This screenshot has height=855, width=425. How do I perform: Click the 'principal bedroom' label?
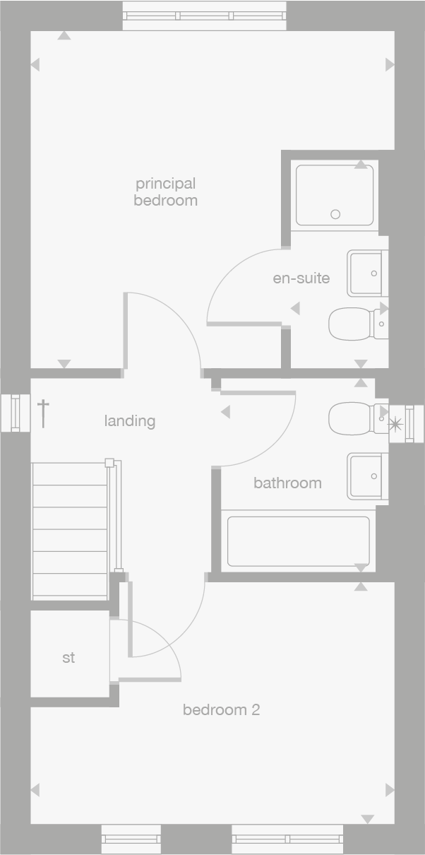pyautogui.click(x=165, y=192)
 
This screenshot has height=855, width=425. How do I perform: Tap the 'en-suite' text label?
pyautogui.click(x=301, y=278)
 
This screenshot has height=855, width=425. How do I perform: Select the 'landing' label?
pyautogui.click(x=130, y=421)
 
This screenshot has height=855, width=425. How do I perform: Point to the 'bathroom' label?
pyautogui.click(x=287, y=483)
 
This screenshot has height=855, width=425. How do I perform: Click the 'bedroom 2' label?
pyautogui.click(x=221, y=709)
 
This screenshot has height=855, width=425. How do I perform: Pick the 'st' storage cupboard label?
pyautogui.click(x=68, y=658)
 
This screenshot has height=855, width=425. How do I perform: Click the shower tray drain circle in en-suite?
pyautogui.click(x=335, y=214)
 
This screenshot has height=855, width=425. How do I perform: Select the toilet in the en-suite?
pyautogui.click(x=357, y=324)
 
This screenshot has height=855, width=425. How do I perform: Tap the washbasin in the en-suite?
pyautogui.click(x=367, y=273)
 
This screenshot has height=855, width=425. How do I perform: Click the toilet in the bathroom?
pyautogui.click(x=357, y=418)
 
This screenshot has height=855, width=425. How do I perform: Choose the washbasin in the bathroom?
pyautogui.click(x=367, y=477)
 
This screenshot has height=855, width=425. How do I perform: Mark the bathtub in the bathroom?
pyautogui.click(x=298, y=541)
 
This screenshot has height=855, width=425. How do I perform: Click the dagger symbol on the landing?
pyautogui.click(x=44, y=413)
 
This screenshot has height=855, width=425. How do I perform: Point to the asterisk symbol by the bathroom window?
pyautogui.click(x=395, y=424)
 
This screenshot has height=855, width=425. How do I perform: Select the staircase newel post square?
pyautogui.click(x=109, y=463)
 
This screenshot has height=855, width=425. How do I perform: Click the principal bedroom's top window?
pyautogui.click(x=205, y=16)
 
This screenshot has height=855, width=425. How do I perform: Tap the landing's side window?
pyautogui.click(x=15, y=413)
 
